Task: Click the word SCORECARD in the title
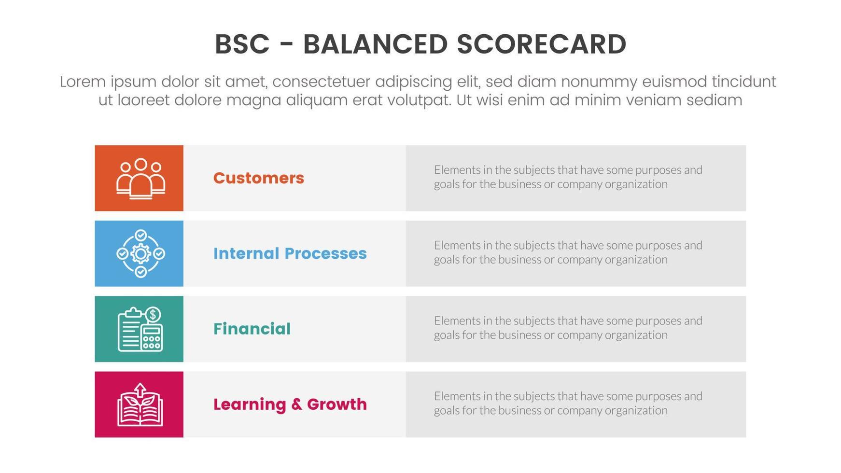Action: click(541, 44)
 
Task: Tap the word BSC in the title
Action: click(242, 44)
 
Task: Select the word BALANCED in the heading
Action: click(375, 44)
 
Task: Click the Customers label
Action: click(258, 178)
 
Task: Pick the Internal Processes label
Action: click(290, 253)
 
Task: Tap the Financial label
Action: click(252, 329)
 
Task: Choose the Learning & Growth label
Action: click(290, 404)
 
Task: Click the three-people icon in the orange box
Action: click(140, 179)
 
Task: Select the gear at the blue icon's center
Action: click(140, 253)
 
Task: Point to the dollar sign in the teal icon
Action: click(153, 315)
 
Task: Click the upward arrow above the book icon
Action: click(140, 389)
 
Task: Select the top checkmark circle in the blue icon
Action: click(140, 235)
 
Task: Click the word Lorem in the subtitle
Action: click(83, 82)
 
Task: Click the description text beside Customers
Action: click(568, 177)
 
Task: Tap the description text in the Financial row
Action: click(568, 328)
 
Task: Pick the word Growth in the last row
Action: click(336, 404)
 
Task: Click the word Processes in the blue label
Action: click(325, 253)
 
